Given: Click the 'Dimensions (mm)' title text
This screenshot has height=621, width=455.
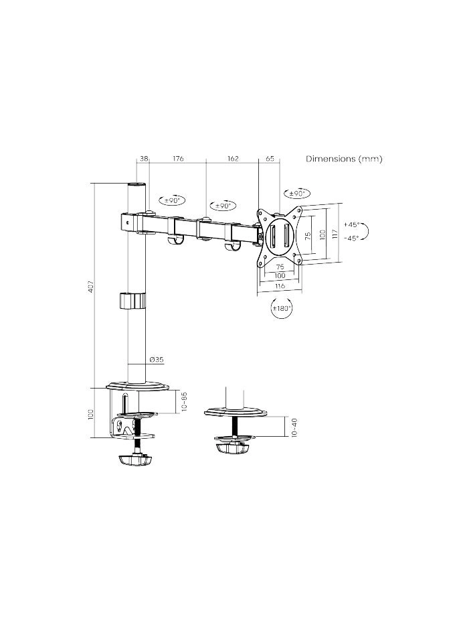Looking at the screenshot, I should [x=344, y=159].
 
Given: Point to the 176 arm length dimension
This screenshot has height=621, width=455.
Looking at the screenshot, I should [x=178, y=159].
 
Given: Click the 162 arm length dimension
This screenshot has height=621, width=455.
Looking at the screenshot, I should [x=233, y=159].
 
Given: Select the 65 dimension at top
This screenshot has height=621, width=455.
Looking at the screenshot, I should [x=270, y=159].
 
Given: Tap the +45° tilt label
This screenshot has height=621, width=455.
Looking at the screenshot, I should [x=351, y=225].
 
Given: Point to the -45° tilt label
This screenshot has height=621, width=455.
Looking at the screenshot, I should [x=351, y=237].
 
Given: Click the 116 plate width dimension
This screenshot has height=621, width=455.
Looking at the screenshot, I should [x=280, y=286].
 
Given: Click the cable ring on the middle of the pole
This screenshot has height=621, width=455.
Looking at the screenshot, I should [x=132, y=300].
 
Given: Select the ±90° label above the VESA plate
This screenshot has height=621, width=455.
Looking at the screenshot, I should [x=295, y=194].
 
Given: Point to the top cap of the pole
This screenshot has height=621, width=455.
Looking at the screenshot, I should [x=136, y=185].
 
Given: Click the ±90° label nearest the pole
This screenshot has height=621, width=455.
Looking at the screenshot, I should [x=172, y=200].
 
